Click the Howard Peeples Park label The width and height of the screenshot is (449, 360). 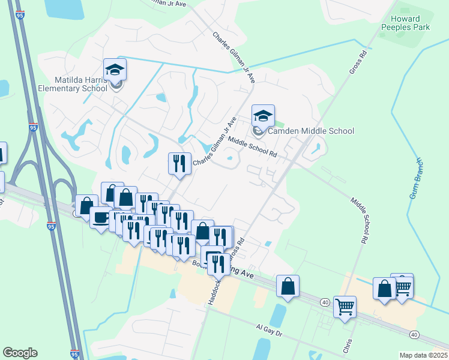[x=406, y=23]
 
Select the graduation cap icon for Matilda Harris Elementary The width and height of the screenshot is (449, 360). [x=115, y=70]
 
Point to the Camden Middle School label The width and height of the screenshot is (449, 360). [x=311, y=131]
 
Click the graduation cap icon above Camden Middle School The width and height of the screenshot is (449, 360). [x=263, y=116]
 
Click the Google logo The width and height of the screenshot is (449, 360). [x=20, y=353]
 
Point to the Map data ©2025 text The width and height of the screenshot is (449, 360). [x=424, y=355]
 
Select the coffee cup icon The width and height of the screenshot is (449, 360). [x=100, y=217]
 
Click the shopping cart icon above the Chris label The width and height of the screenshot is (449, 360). [x=345, y=307]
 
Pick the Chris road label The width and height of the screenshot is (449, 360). [x=348, y=347]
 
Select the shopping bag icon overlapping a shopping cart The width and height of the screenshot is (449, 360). [x=384, y=289]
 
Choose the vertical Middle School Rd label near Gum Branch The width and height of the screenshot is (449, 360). [x=359, y=221]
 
